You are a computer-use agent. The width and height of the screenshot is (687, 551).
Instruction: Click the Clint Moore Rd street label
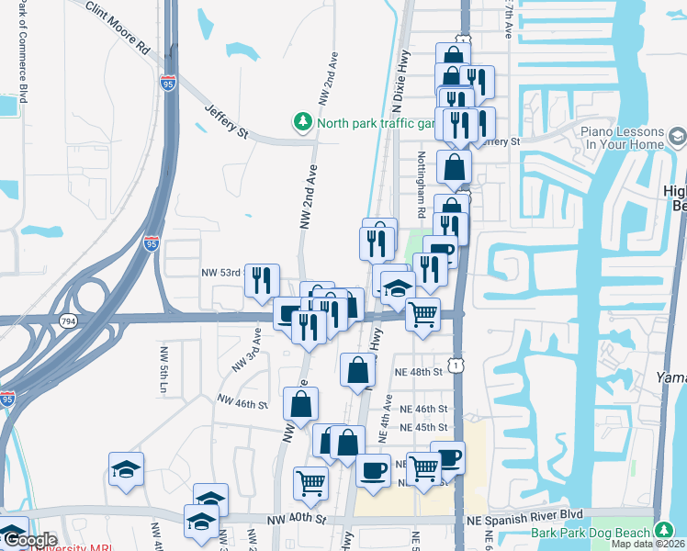coord(118,25)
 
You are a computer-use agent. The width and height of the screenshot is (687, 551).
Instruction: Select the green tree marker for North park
coord(301,121)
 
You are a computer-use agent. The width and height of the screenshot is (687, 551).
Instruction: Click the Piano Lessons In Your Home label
coord(623,138)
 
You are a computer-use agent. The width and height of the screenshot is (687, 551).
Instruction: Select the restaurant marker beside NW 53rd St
coord(262,279)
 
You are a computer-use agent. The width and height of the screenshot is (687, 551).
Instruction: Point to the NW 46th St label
coord(242,401)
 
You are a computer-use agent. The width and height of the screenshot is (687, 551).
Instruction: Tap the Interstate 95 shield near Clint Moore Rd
coord(168,84)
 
